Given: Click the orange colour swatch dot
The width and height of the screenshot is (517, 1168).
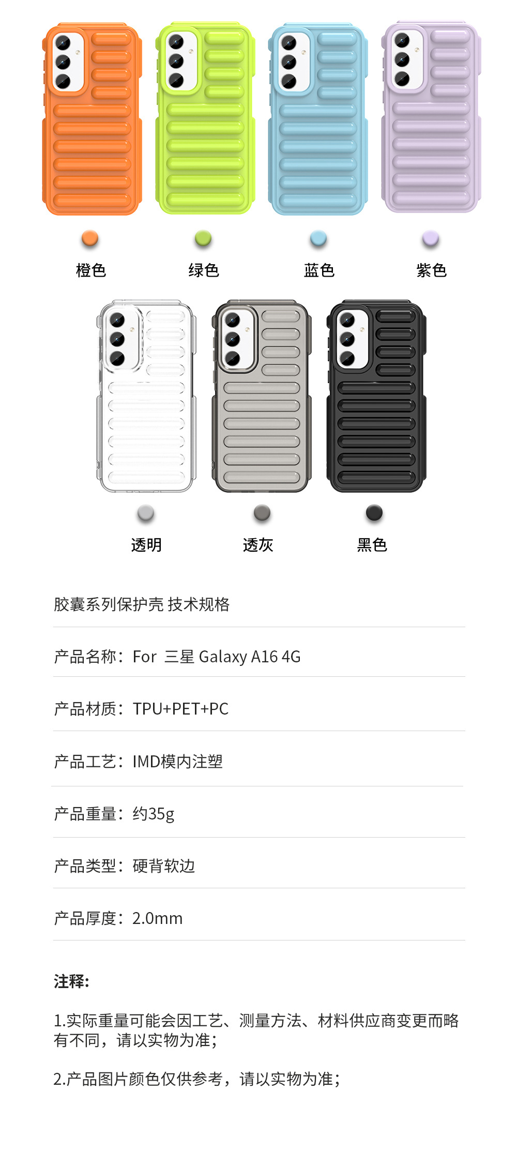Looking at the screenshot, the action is tap(90, 238).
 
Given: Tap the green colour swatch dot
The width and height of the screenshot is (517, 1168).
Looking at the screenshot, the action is tap(203, 238).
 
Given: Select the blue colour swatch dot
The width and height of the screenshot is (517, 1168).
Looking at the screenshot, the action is tap(318, 238).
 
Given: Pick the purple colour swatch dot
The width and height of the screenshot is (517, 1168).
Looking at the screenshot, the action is tap(431, 238).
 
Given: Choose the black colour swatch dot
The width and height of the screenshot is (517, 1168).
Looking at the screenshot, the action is tap(374, 513).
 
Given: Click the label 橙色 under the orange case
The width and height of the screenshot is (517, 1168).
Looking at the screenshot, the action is tap(91, 270).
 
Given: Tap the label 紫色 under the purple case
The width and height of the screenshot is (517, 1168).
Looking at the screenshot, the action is tap(431, 270).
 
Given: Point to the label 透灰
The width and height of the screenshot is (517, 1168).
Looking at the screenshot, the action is tap(258, 545).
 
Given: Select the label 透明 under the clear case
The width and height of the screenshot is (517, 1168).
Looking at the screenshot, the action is tap(146, 545).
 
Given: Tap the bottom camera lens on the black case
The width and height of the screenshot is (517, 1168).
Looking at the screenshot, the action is tap(347, 358).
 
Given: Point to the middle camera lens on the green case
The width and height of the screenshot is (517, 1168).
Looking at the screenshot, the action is tap(176, 61).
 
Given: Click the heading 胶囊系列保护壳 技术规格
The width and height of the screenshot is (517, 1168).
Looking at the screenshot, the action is tap(142, 604).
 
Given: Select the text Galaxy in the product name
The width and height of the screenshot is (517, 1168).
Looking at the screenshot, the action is tap(223, 657).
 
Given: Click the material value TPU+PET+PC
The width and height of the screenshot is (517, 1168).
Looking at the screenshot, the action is tap(180, 709).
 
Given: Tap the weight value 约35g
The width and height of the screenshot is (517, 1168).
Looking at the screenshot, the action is tap(153, 814).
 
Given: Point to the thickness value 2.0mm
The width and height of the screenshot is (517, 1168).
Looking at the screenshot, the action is tap(157, 918).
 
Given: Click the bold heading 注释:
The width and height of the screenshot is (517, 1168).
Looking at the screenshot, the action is tap(71, 981).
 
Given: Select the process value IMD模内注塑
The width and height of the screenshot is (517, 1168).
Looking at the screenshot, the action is tap(177, 762).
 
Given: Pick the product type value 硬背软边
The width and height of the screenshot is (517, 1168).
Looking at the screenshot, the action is tap(163, 866).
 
